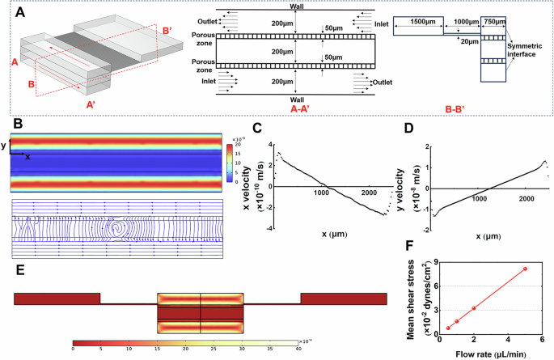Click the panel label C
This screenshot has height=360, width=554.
258,127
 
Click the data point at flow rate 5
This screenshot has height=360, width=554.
524,269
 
